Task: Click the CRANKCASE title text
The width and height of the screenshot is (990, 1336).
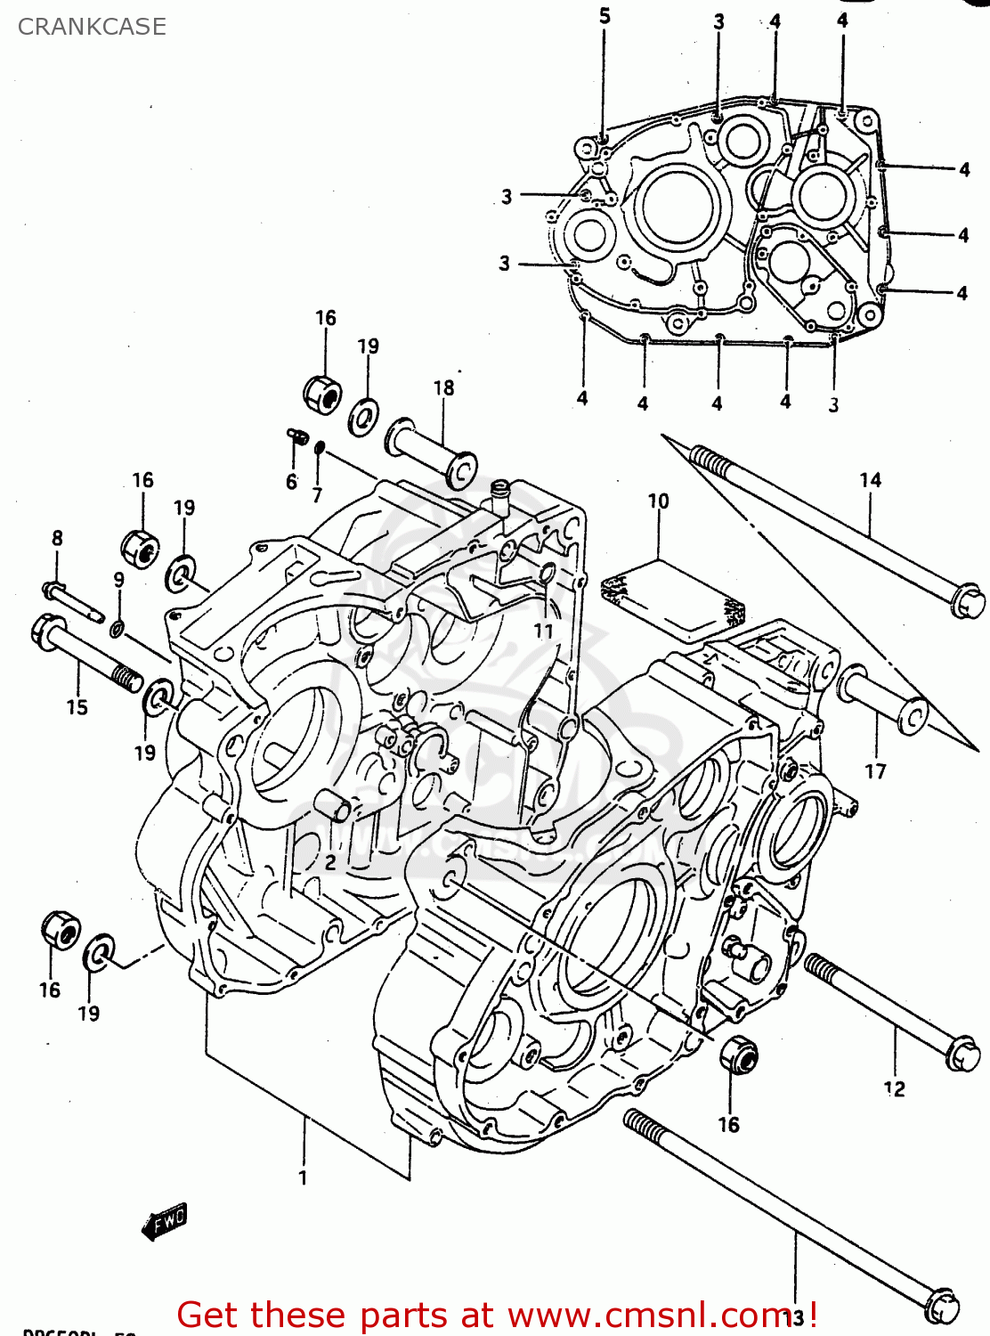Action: tap(92, 27)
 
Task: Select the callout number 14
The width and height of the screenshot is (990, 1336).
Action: tap(870, 480)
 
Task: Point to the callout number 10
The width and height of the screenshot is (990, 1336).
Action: tap(658, 501)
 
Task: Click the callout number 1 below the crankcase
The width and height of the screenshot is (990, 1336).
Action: tap(303, 1177)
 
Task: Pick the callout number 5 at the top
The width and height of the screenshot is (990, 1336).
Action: tap(605, 16)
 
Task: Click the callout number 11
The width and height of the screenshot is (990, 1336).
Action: tap(543, 631)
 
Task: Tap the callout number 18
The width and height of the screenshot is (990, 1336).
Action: tap(443, 387)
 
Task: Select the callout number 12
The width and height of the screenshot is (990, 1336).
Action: tap(894, 1088)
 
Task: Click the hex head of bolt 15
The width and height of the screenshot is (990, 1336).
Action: tap(46, 631)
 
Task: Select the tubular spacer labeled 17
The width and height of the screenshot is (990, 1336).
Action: tap(881, 700)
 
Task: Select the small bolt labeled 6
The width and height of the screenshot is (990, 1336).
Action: tap(297, 436)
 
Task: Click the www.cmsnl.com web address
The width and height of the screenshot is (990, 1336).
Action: tap(653, 1315)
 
